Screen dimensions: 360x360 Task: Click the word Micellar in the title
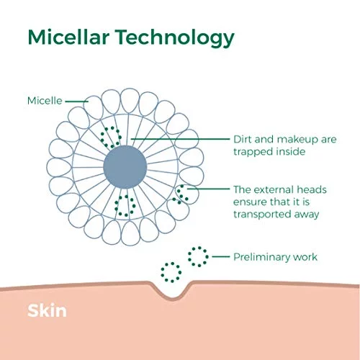click(68, 37)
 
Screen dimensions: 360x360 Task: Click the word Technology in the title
click(176, 38)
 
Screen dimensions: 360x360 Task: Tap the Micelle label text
click(45, 101)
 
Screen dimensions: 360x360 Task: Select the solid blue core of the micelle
click(125, 167)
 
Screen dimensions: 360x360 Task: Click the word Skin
click(47, 310)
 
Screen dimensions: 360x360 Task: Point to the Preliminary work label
click(275, 257)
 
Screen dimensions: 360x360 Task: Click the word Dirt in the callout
click(243, 139)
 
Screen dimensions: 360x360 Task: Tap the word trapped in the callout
click(253, 152)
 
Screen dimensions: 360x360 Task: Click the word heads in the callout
click(312, 189)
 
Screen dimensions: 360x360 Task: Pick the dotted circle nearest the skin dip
click(171, 272)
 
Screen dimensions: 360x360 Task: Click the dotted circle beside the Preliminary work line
click(198, 256)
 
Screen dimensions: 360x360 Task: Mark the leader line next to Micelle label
click(76, 102)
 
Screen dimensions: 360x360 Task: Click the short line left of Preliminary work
click(221, 256)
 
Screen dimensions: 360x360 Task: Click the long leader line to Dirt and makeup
click(181, 139)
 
